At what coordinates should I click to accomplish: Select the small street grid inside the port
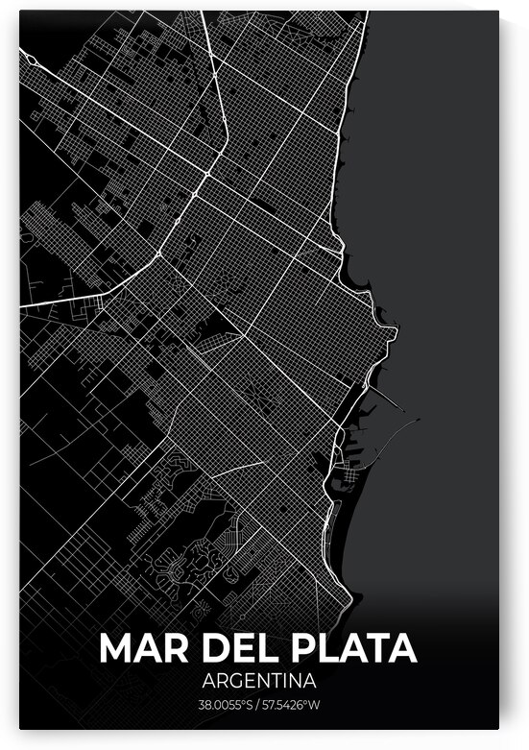click(351, 476)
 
